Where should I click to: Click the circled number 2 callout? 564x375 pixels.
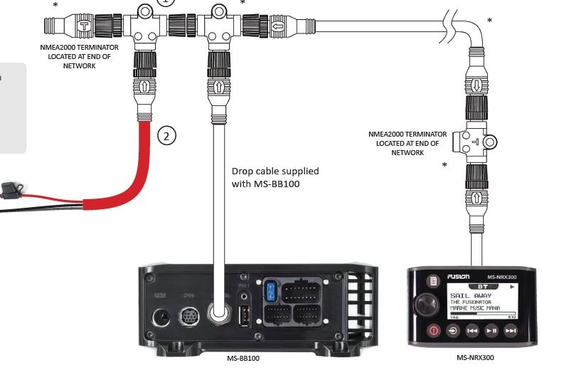[165, 135]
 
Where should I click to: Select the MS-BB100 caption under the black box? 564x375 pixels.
[244, 358]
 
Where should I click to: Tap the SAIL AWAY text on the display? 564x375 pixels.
[469, 292]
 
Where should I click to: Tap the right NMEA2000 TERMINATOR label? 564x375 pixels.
[408, 142]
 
